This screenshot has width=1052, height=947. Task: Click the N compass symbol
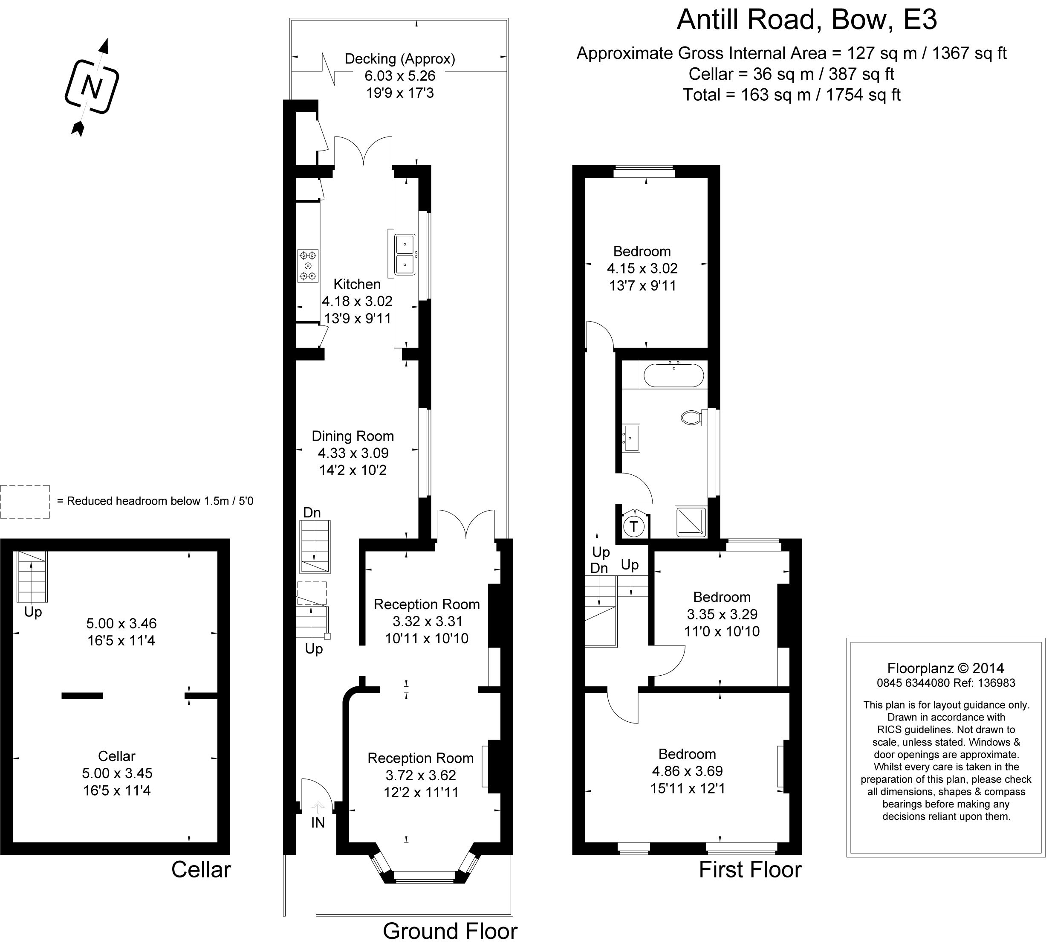tap(92, 87)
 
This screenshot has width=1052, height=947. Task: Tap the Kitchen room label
tap(357, 284)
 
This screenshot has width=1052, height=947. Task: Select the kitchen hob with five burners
tap(308, 266)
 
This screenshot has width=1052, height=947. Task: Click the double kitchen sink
tap(405, 254)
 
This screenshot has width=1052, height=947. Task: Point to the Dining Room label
tap(353, 436)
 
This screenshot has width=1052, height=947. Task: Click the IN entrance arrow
tap(318, 807)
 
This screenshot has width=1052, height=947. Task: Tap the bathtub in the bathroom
tap(673, 375)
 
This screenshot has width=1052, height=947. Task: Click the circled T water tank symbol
tap(633, 526)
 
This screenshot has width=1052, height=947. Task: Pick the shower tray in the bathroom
tap(691, 521)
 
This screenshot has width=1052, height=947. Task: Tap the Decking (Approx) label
tap(400, 59)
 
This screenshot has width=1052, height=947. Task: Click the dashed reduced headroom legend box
tap(25, 502)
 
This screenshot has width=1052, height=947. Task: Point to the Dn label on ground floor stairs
tap(312, 512)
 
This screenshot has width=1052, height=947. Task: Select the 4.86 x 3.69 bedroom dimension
tap(688, 771)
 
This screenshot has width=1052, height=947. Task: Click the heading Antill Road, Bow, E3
tap(807, 20)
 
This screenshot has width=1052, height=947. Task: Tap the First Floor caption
tap(750, 869)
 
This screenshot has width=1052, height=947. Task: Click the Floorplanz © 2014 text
tap(945, 668)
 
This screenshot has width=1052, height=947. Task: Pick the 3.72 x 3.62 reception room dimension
tap(421, 775)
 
